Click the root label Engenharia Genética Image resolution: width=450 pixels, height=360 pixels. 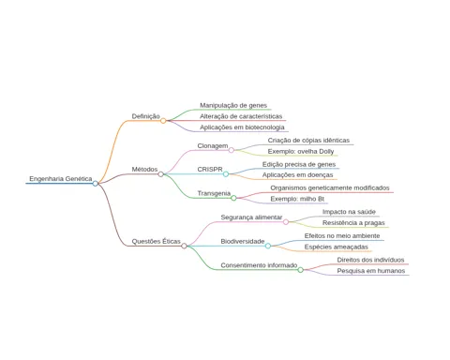(61, 179)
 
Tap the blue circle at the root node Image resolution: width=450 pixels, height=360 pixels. (96, 184)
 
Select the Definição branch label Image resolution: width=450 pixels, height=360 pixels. (145, 116)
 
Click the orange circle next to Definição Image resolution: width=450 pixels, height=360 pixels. (163, 121)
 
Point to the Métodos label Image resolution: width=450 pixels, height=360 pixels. (144, 170)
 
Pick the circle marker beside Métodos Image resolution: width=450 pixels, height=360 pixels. (160, 174)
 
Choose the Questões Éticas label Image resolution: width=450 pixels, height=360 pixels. (156, 241)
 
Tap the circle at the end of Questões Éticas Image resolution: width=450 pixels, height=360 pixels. (184, 246)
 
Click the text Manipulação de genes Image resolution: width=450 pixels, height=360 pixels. (233, 106)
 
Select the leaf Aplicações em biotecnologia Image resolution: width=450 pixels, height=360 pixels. (242, 127)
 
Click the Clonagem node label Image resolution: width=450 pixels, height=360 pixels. (213, 146)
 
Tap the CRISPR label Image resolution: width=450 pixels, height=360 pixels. (210, 170)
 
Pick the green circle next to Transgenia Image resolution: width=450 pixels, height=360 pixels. (233, 198)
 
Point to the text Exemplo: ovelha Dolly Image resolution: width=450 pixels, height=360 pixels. (301, 152)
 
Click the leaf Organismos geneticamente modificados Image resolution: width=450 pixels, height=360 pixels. (330, 188)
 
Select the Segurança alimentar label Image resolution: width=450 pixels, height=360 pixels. (251, 217)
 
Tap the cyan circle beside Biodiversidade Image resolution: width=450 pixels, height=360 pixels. (268, 246)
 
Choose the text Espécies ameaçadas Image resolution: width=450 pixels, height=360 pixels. (337, 247)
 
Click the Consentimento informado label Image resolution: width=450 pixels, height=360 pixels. (259, 265)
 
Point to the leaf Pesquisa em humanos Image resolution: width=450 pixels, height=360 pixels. (371, 271)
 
